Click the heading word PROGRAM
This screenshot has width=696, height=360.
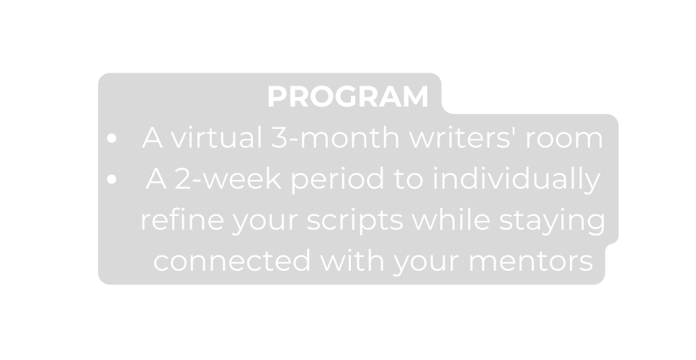point(347,97)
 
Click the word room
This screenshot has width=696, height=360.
point(564,138)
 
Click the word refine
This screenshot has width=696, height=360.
point(181,221)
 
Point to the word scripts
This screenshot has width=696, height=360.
point(353,221)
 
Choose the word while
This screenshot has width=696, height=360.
point(442,221)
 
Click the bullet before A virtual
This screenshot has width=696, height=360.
point(111,140)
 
